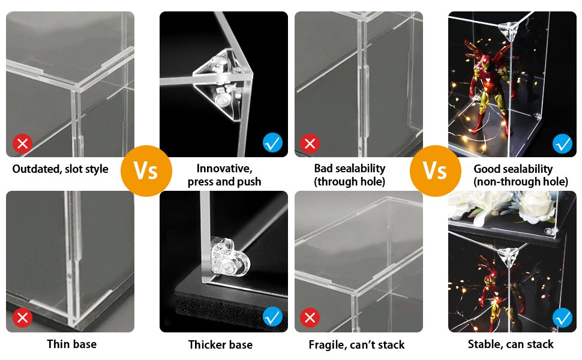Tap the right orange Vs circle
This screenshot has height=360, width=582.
click(x=434, y=170)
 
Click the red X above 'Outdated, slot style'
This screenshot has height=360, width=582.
click(x=23, y=144)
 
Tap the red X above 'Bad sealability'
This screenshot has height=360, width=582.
click(x=309, y=144)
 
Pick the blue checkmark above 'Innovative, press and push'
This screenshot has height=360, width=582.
click(x=272, y=143)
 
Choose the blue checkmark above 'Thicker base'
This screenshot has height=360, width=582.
click(x=272, y=316)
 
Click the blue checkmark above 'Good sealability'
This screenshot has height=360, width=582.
click(x=562, y=143)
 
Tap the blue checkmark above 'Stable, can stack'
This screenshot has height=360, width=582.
click(x=562, y=317)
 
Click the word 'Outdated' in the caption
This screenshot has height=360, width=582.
click(x=35, y=169)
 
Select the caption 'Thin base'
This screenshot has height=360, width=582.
click(x=71, y=344)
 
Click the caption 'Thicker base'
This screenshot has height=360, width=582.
click(x=220, y=344)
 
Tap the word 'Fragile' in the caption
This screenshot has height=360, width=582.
click(x=329, y=344)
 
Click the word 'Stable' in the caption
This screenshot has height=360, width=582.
click(x=485, y=344)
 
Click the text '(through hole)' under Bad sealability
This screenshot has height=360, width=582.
click(x=350, y=181)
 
